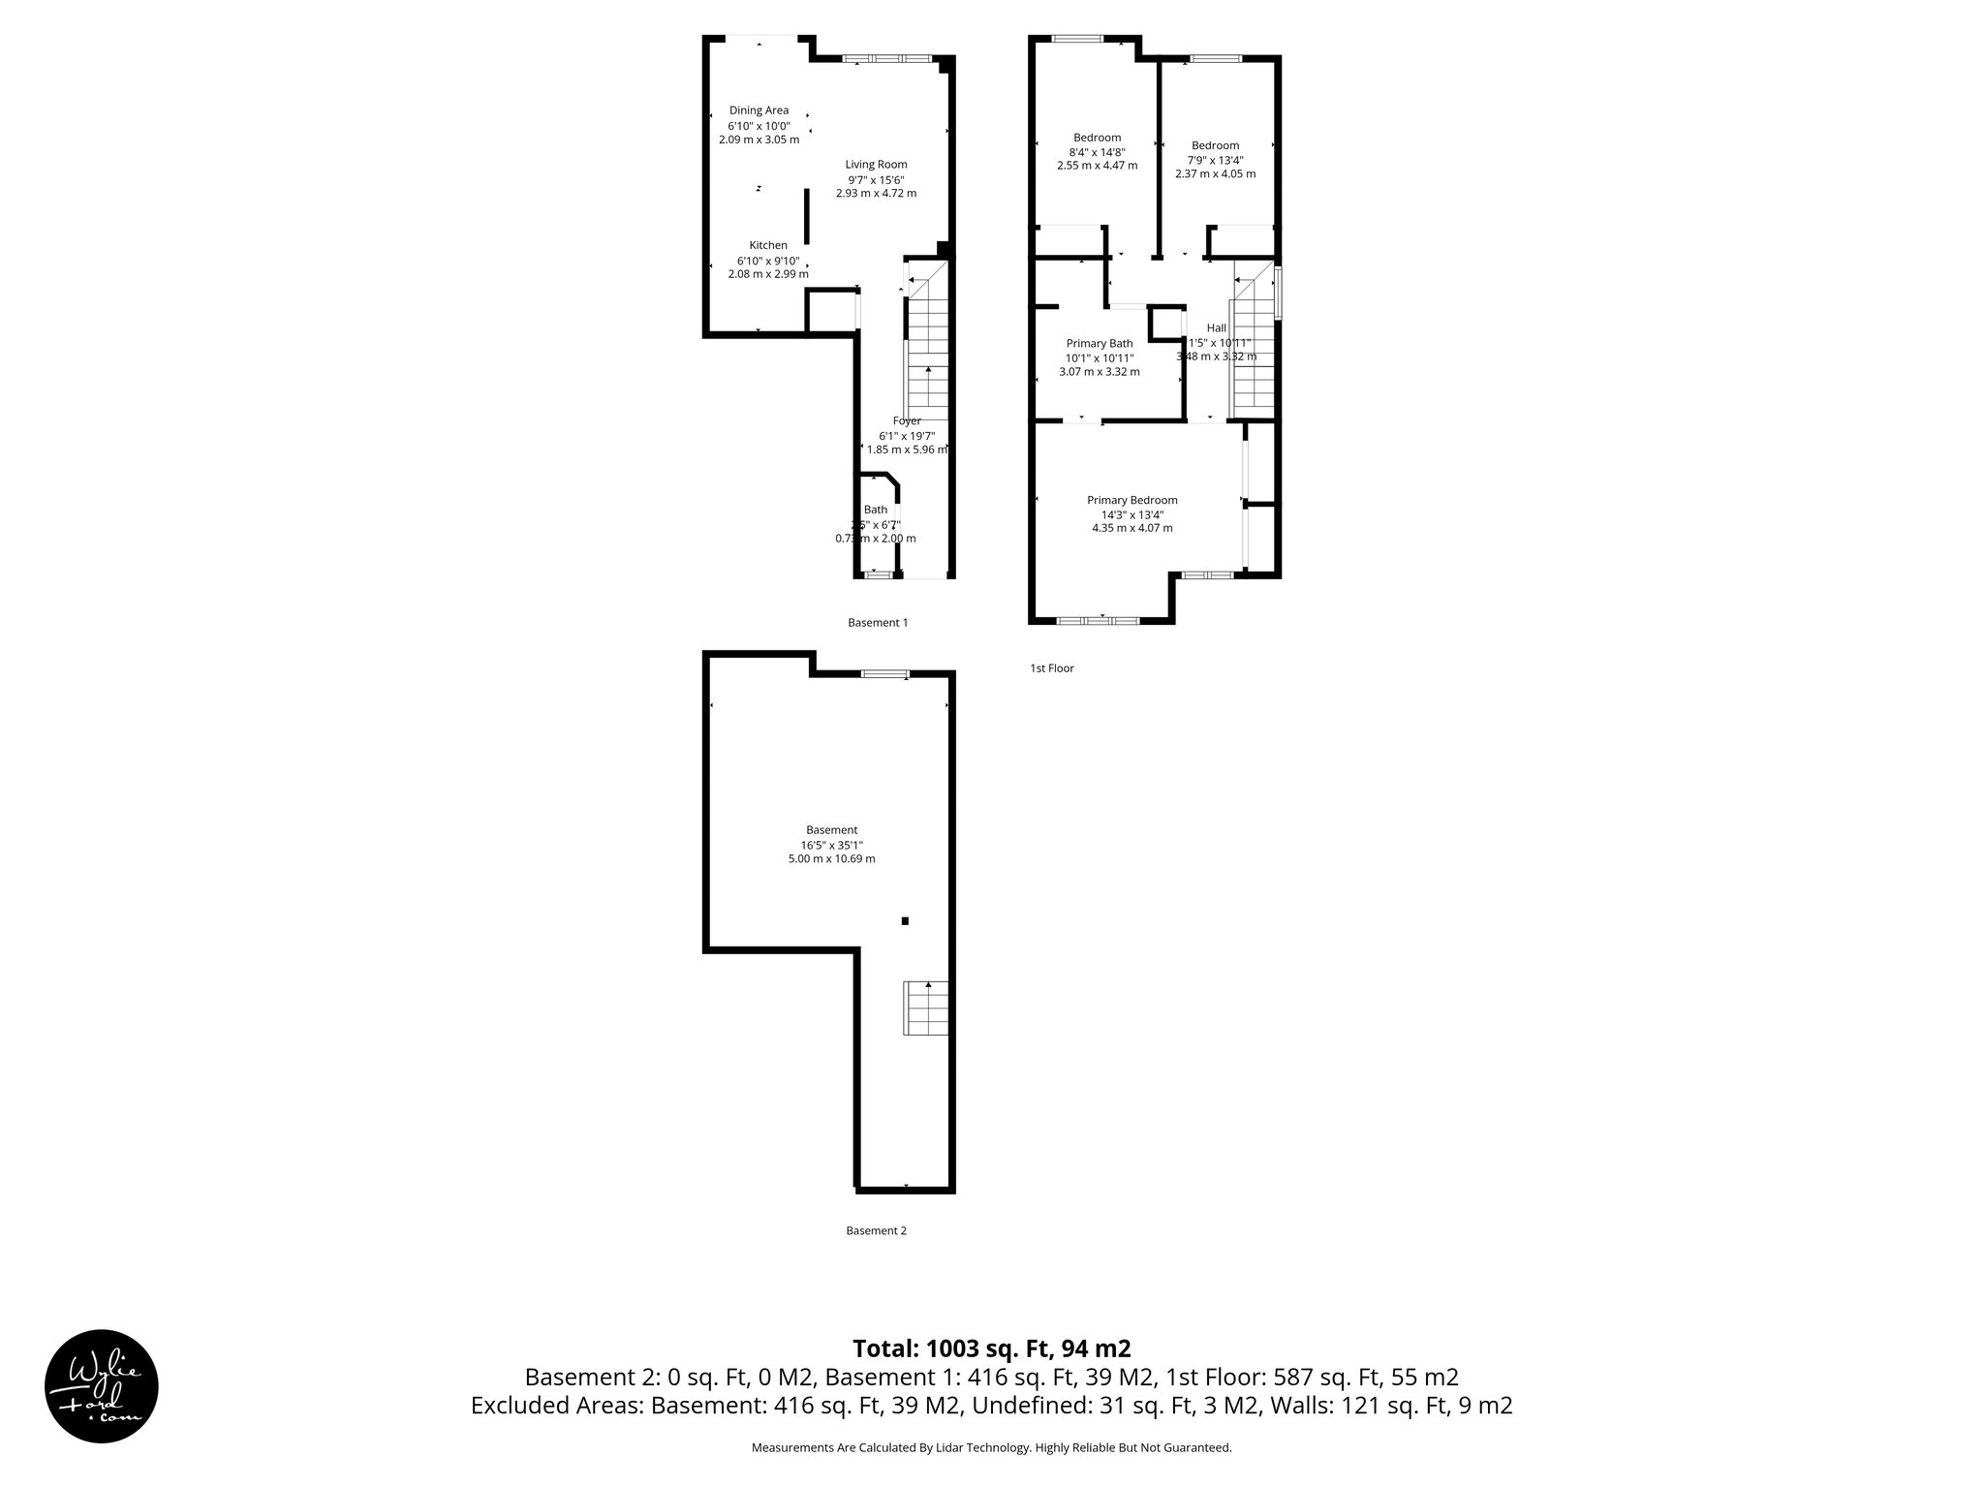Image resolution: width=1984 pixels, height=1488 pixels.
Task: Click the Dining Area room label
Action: pos(759,110)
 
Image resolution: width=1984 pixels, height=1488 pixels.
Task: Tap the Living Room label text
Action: pos(876,165)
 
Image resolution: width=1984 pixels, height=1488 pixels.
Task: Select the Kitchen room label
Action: pos(768,245)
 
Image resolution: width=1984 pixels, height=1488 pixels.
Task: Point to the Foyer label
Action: pos(907,420)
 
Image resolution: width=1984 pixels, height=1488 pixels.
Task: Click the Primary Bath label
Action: pos(1100,343)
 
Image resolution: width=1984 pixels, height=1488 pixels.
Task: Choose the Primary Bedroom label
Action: pos(1131,500)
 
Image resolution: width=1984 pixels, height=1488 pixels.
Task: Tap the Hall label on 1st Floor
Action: pos(1217,328)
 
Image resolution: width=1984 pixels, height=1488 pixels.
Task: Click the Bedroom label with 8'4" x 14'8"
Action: pos(1097,138)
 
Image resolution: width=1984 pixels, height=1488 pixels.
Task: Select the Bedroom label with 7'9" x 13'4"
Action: pos(1215,145)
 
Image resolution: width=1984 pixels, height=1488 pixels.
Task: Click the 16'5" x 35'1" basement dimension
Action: pos(831,845)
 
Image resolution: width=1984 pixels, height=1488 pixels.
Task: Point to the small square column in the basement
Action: pos(905,920)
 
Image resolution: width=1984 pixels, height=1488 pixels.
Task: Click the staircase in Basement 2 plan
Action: pos(926,1007)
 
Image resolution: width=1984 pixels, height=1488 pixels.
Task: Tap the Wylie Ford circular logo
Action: pos(102,1385)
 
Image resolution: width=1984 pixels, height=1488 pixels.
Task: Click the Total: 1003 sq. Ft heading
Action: pos(991,1348)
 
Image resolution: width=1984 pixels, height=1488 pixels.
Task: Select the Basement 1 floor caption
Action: pos(878,623)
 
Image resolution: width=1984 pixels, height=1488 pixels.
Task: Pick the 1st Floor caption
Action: pos(1051,668)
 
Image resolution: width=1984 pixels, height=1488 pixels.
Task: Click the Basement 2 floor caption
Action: pos(876,1231)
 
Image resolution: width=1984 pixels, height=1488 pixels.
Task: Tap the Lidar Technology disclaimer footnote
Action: pos(991,1447)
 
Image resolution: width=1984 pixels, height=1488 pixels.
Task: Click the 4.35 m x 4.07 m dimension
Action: pos(1131,528)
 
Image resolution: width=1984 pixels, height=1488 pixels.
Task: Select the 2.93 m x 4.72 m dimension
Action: pos(876,193)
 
